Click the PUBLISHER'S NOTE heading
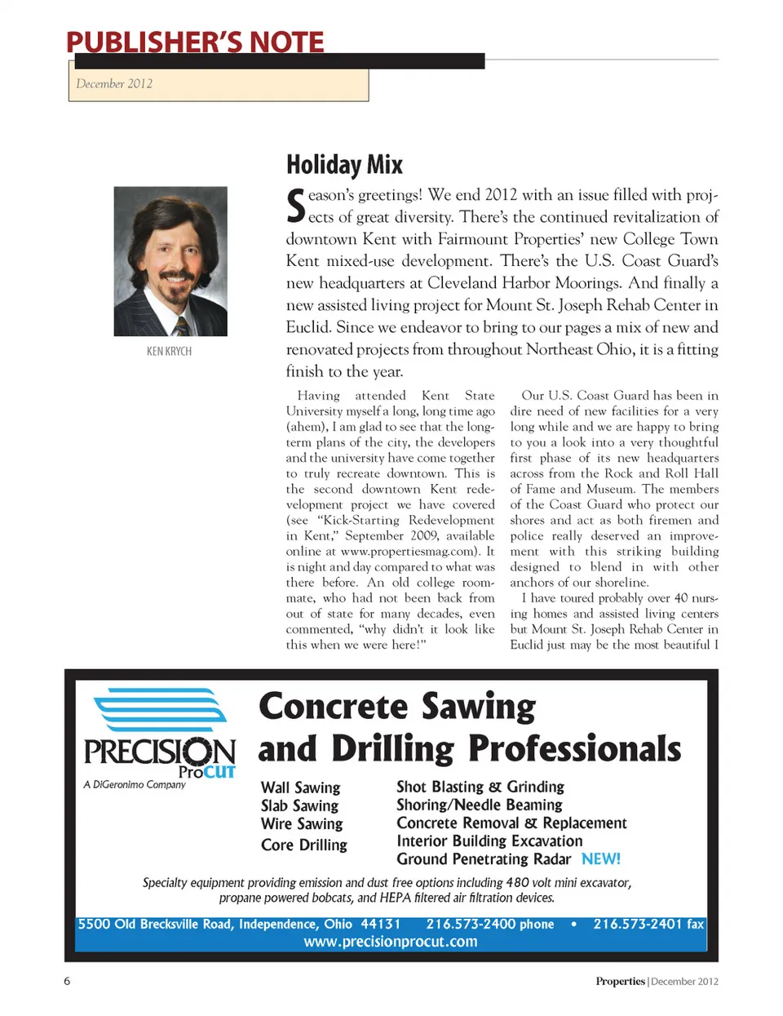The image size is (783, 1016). click(195, 42)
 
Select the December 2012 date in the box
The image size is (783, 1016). click(114, 83)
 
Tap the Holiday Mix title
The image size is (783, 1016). click(344, 165)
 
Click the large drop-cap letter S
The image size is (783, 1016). click(295, 206)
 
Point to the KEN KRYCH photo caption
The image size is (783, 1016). click(169, 351)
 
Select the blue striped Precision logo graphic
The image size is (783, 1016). click(161, 710)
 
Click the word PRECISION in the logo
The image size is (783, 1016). click(160, 752)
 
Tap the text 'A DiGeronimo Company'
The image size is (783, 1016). click(135, 784)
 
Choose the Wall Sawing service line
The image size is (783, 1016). click(300, 788)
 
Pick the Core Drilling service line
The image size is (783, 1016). click(303, 845)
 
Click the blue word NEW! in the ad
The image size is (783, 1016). click(600, 858)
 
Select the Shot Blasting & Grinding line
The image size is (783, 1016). click(480, 787)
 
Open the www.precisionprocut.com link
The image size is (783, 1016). click(391, 942)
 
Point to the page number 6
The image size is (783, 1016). click(67, 981)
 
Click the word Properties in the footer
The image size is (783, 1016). click(620, 981)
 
